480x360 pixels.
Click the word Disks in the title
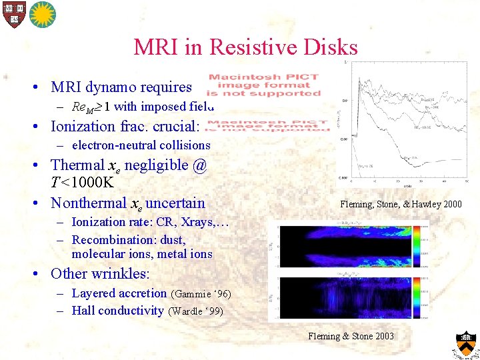(331, 47)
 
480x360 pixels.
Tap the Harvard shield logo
(13, 13)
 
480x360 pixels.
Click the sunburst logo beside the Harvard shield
(41, 13)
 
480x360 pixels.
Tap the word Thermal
(77, 165)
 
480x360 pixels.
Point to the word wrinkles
(125, 273)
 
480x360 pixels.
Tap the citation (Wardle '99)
(196, 311)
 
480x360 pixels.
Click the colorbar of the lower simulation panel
(418, 298)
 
